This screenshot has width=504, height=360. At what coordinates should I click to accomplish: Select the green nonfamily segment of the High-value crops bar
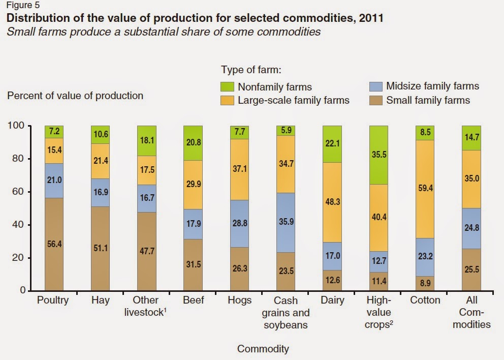tap(379, 155)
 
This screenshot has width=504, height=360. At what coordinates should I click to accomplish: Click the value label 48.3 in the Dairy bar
tap(332, 202)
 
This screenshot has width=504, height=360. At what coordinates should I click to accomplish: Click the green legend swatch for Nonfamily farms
tap(228, 87)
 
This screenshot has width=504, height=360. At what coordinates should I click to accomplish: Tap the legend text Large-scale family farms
tap(294, 100)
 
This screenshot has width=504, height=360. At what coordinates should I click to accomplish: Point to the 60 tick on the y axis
tap(20, 192)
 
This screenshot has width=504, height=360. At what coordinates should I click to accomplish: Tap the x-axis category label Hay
tap(101, 300)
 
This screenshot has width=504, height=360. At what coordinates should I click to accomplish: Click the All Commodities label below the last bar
tap(471, 312)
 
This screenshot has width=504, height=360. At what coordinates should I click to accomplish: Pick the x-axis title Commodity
tap(263, 349)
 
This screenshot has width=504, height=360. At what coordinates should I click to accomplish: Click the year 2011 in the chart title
tap(371, 18)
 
